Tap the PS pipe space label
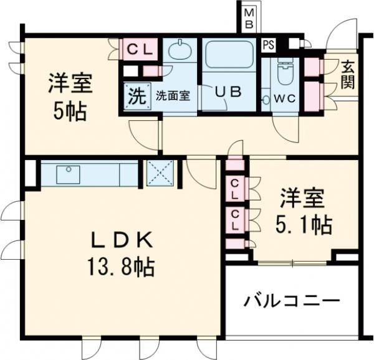(268, 45)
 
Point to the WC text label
(277, 98)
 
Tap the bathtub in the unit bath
(228, 55)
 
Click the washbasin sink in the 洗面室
(181, 50)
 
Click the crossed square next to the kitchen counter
(161, 173)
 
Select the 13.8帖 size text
(121, 268)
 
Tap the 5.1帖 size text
(303, 224)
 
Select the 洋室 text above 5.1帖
(302, 200)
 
